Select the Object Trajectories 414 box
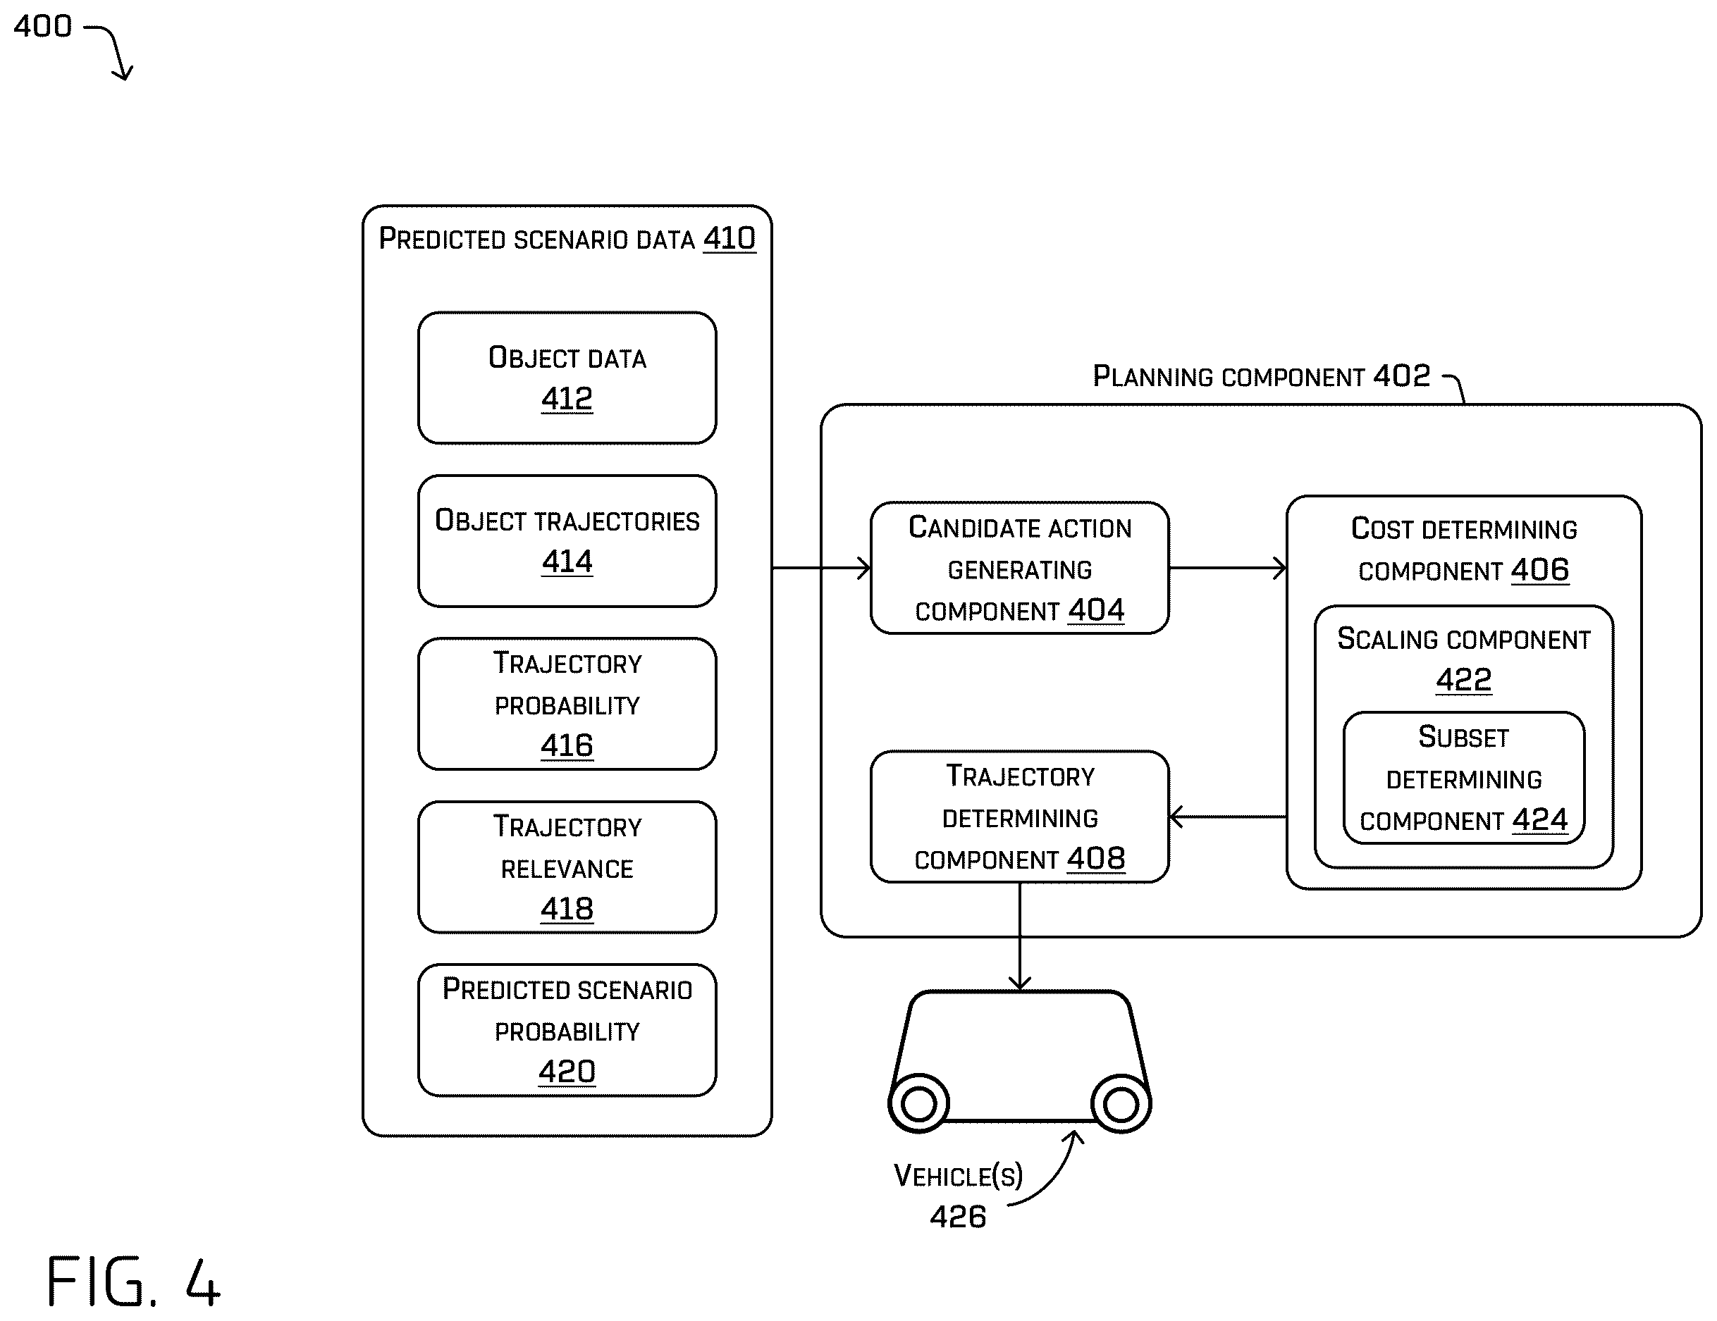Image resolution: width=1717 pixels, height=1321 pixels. pyautogui.click(x=567, y=540)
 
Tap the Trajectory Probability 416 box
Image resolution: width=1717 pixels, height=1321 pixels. pyautogui.click(x=567, y=704)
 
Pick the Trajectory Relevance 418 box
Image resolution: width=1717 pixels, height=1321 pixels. pyautogui.click(x=567, y=867)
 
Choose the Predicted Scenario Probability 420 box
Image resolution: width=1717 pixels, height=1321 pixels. pyautogui.click(x=567, y=1030)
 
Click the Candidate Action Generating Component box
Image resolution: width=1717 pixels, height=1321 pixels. pyautogui.click(x=1020, y=567)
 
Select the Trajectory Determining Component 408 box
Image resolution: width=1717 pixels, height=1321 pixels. pyautogui.click(x=1020, y=817)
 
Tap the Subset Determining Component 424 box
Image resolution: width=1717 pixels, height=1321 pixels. pyautogui.click(x=1464, y=778)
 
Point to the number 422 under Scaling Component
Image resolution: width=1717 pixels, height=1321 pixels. pyautogui.click(x=1464, y=680)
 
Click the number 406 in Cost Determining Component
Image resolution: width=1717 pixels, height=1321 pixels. pyautogui.click(x=1540, y=570)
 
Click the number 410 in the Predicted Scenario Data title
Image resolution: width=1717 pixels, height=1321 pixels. pyautogui.click(x=730, y=238)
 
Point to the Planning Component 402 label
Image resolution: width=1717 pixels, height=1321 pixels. pyautogui.click(x=1261, y=376)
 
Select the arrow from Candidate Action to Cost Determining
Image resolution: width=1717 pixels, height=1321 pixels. pyautogui.click(x=1228, y=567)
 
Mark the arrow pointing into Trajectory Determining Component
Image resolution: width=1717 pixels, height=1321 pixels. pyautogui.click(x=1228, y=817)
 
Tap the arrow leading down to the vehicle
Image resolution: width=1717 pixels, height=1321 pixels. pyautogui.click(x=1020, y=936)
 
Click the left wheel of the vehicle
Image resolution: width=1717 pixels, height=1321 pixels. pyautogui.click(x=918, y=1103)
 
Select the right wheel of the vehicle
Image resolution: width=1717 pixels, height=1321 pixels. pyautogui.click(x=1121, y=1103)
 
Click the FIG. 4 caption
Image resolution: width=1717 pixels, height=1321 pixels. pyautogui.click(x=134, y=1281)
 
